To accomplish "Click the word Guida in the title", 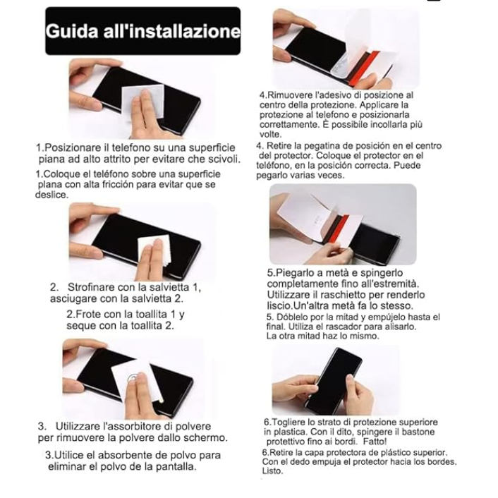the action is pos(72,32).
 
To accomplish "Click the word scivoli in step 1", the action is pos(224,159).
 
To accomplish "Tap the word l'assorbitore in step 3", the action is pos(133,426).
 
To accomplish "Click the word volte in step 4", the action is pos(270,134).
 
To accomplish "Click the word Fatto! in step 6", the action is pos(375,442).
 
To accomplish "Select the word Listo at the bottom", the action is pos(272,470).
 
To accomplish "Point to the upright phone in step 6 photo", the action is pos(334,380).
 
